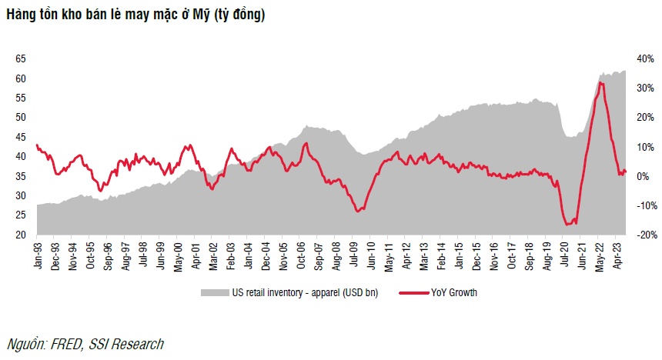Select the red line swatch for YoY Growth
414,292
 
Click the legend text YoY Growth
453,292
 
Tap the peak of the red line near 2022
600,82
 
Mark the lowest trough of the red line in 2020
569,225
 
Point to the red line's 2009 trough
357,211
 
